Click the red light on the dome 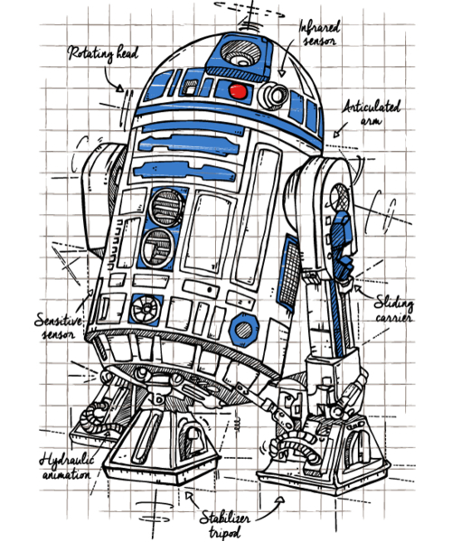(238, 91)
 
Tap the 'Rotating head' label (103, 54)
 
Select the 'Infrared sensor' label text (319, 33)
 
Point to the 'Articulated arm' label (372, 113)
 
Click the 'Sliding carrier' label (394, 309)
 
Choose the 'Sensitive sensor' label (59, 326)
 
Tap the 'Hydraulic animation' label (66, 467)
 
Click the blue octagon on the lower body (244, 329)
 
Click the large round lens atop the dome (240, 53)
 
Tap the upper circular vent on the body (166, 208)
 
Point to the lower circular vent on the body (158, 248)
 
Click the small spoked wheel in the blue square (146, 309)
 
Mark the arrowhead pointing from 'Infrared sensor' (282, 73)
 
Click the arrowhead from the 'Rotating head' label (119, 89)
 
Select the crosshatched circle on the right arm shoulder (339, 197)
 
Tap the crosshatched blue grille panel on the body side (289, 272)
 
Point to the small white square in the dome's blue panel (190, 89)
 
